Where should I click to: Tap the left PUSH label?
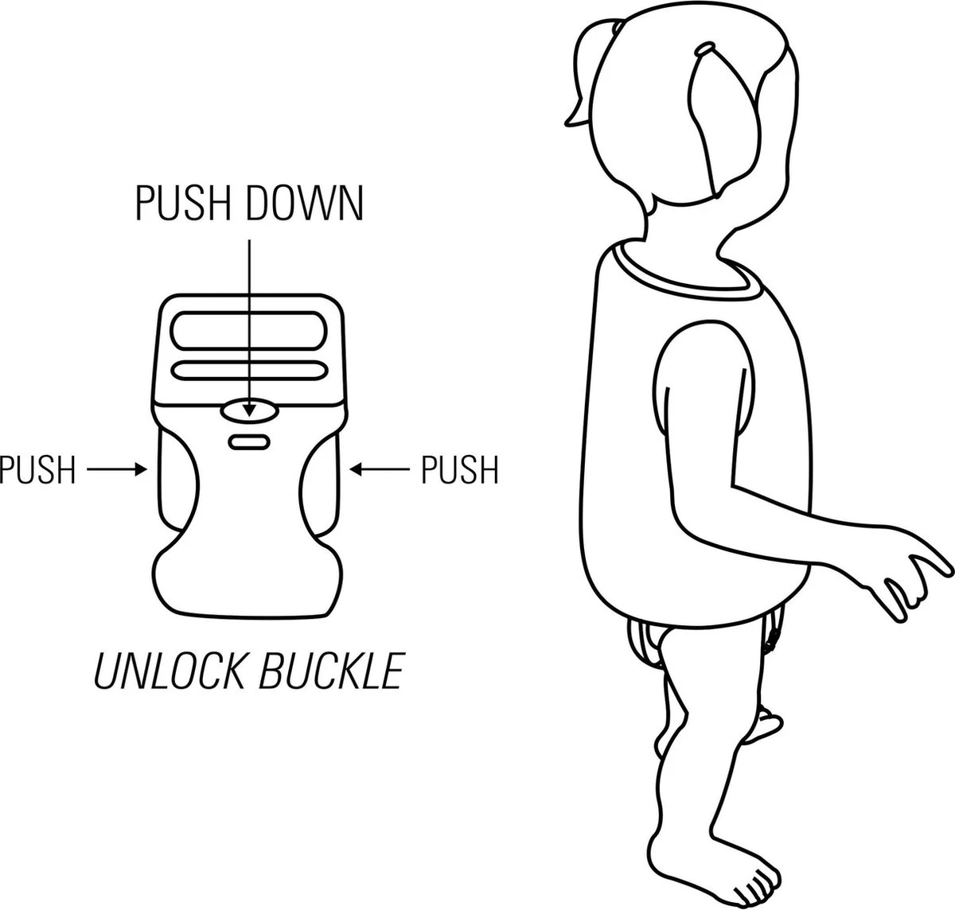(37, 469)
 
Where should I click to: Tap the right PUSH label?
(459, 469)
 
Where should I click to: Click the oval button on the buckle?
(250, 410)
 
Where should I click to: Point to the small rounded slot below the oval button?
(250, 441)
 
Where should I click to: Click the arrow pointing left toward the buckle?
(380, 470)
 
